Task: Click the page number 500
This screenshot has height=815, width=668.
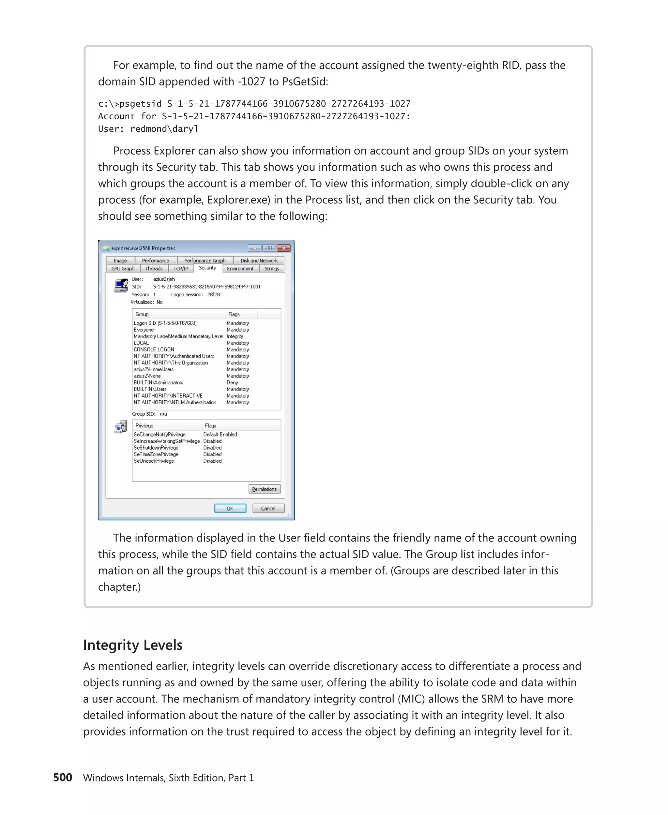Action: coord(62,777)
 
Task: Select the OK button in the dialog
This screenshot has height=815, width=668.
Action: coord(230,508)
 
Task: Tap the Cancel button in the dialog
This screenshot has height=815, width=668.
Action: coord(268,508)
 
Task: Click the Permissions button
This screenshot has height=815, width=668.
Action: coord(264,489)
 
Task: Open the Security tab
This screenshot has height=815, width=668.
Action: coord(207,268)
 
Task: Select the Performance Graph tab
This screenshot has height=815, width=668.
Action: coord(205,260)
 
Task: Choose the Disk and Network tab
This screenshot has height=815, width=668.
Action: coord(259,260)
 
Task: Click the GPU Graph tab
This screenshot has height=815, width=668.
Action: coord(123,269)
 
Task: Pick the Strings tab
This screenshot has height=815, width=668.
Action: coord(272,269)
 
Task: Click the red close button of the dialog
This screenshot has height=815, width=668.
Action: coord(283,248)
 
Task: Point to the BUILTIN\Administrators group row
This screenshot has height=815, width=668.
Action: coord(158,382)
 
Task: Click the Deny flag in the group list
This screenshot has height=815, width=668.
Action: coord(232,382)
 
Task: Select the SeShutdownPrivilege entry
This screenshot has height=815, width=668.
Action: coord(156,448)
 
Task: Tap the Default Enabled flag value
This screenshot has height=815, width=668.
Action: coord(220,434)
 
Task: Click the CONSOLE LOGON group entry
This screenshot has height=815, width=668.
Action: coord(154,349)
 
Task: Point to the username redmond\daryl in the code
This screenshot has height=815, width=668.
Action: coord(164,129)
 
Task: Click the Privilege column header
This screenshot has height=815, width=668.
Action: coord(144,425)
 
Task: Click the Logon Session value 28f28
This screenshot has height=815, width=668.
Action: coord(213,295)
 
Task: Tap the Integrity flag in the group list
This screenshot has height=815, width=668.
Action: coord(235,336)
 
